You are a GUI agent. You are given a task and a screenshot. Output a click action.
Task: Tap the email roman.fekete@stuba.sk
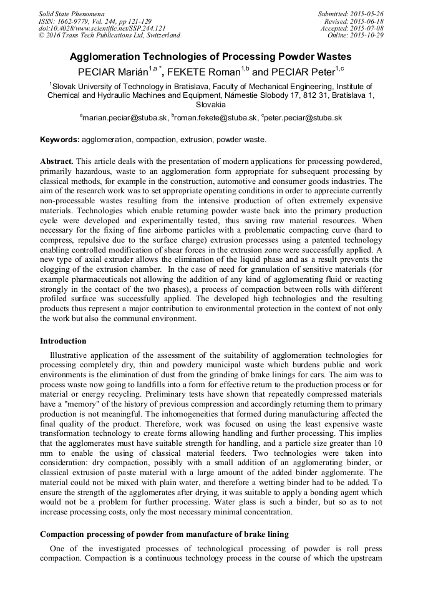click(x=215, y=117)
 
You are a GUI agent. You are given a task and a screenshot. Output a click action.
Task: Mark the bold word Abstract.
click(x=57, y=160)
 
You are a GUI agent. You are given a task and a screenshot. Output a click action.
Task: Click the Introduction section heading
click(x=63, y=341)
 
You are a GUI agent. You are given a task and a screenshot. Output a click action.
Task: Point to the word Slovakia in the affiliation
click(x=211, y=105)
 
